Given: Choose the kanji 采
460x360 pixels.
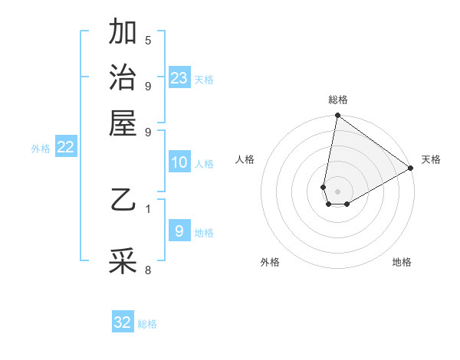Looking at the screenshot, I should click(123, 261).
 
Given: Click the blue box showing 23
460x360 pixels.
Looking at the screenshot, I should click(179, 78).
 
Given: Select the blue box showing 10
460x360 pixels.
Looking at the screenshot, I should click(179, 162).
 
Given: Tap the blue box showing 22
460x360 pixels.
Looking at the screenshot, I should click(65, 148).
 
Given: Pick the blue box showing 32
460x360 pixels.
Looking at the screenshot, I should click(123, 322).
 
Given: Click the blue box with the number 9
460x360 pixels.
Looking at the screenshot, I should click(179, 231).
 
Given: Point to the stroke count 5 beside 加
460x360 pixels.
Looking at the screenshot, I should click(148, 41).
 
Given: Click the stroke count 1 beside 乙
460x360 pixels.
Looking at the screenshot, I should click(148, 208).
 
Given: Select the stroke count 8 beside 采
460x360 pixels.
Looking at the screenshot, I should click(148, 269).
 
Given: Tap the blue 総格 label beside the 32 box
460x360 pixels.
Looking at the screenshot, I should click(147, 324).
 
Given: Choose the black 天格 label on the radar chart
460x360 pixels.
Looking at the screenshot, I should click(431, 159).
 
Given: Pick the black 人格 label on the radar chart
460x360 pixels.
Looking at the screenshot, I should click(245, 159).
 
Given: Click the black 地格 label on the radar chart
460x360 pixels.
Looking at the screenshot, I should click(402, 262).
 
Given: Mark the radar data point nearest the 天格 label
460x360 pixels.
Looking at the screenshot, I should click(411, 169).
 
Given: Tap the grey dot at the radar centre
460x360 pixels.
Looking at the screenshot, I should click(337, 191).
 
